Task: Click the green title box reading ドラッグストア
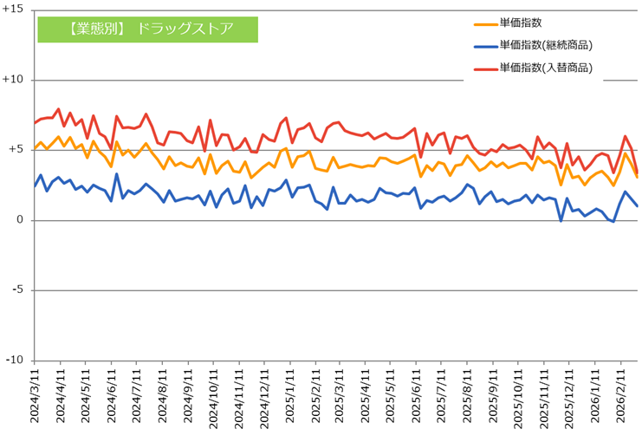pos(147,29)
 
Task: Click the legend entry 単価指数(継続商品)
pos(551,45)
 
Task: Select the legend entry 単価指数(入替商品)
pos(551,68)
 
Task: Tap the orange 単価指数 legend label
pos(521,23)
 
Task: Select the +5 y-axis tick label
pos(16,150)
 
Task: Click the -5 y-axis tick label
pos(17,290)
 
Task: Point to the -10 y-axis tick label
pos(15,361)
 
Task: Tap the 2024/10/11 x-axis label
pos(211,399)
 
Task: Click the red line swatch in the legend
pos(485,68)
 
